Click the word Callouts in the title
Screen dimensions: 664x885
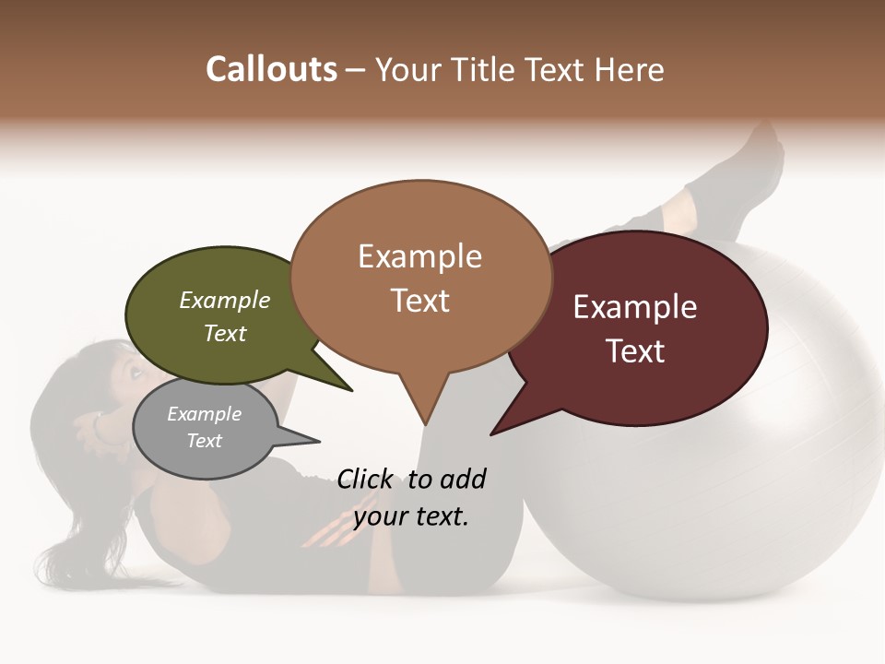click(271, 70)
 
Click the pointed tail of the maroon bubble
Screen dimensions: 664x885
click(492, 433)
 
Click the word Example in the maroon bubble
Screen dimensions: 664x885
click(635, 307)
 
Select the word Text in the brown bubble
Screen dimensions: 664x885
click(419, 301)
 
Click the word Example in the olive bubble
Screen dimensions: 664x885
click(224, 301)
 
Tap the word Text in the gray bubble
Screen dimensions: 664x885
click(205, 441)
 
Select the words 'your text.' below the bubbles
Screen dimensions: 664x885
click(411, 516)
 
